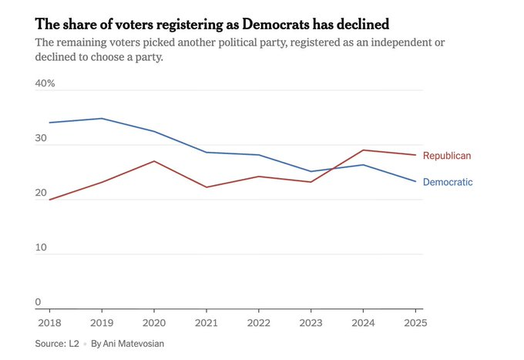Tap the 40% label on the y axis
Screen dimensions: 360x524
45,82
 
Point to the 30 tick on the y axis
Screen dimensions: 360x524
42,139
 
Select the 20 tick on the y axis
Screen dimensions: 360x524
42,193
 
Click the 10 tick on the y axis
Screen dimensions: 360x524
42,248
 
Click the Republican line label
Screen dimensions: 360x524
447,156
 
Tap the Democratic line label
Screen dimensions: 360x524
448,183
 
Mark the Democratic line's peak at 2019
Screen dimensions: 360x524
102,119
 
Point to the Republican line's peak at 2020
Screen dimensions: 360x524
155,161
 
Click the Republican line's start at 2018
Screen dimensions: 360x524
50,200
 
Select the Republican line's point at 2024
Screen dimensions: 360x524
364,150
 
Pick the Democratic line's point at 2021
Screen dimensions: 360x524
207,152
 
